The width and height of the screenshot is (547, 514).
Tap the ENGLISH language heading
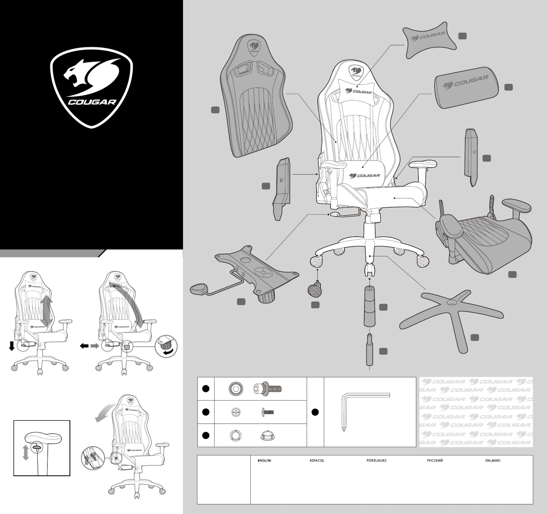click(x=264, y=461)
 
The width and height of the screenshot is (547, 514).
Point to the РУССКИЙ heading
click(x=435, y=461)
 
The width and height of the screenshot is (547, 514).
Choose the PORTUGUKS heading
click(x=376, y=461)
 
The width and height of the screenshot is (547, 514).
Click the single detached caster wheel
click(x=315, y=291)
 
